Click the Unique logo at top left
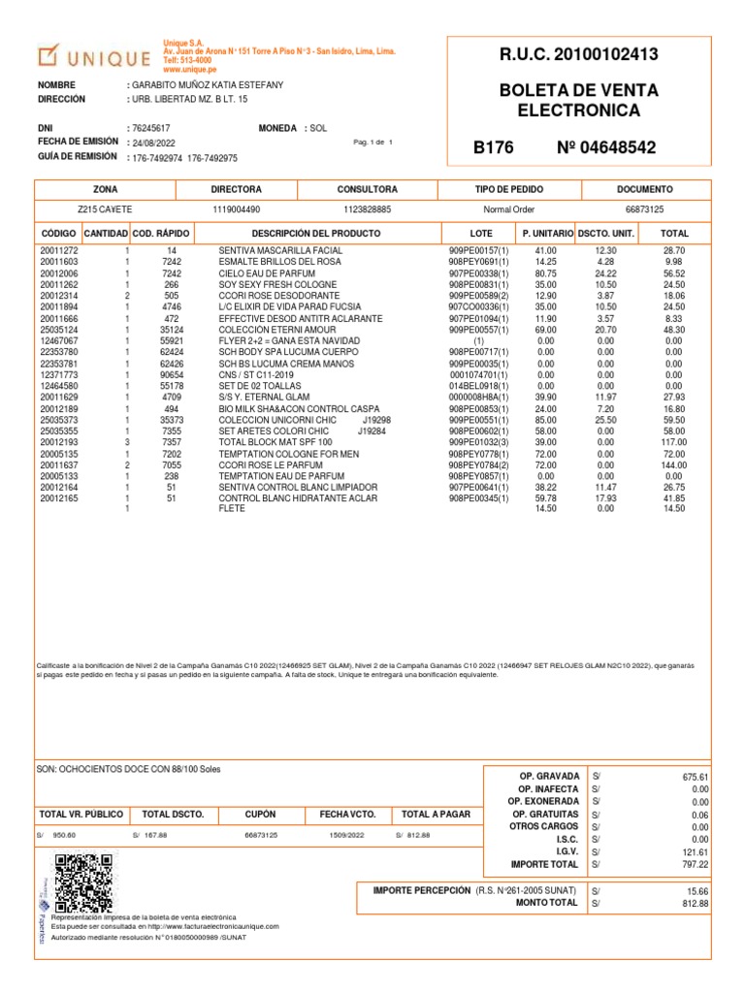93,56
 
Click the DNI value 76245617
151,128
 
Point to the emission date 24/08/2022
155,143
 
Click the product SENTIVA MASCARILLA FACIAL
281,251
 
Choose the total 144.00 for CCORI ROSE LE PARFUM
672,465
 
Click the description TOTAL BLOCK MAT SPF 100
275,442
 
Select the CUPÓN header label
260,815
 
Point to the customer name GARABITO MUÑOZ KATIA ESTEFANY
209,85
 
